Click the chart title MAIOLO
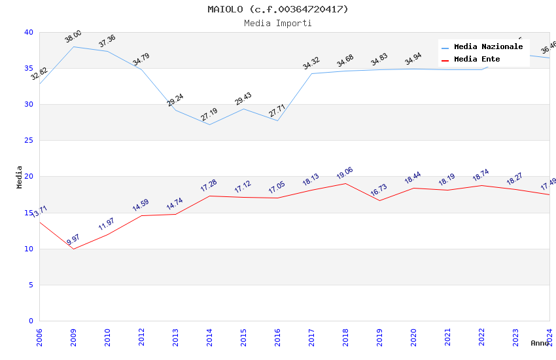pos(278,9)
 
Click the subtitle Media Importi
pos(278,23)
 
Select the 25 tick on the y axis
pos(29,141)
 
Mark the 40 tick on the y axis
pos(29,32)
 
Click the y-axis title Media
pos(20,177)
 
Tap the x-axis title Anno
pos(540,343)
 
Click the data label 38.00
pos(73,37)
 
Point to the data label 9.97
pos(73,240)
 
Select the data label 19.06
pos(345,173)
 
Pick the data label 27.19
pos(209,115)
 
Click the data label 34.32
pos(311,63)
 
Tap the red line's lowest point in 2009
pos(73,249)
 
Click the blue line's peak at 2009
pos(73,46)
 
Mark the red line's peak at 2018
pos(345,183)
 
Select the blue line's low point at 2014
pos(209,124)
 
